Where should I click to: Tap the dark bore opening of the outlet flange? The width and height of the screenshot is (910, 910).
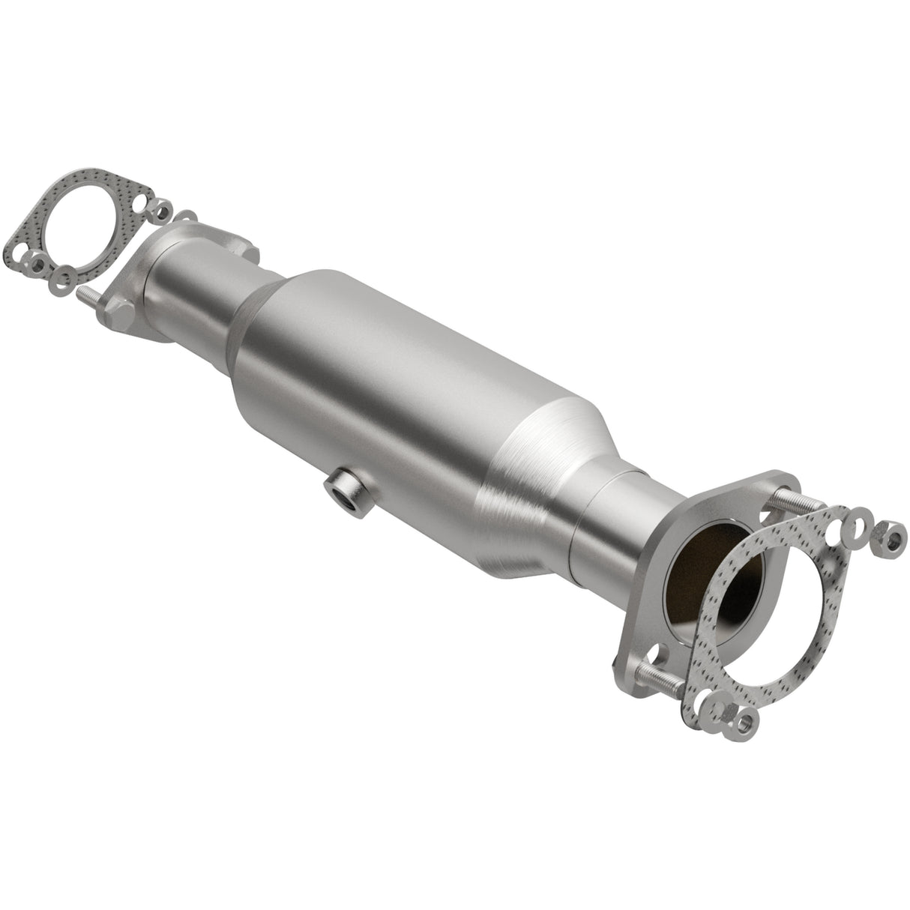tap(693, 570)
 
